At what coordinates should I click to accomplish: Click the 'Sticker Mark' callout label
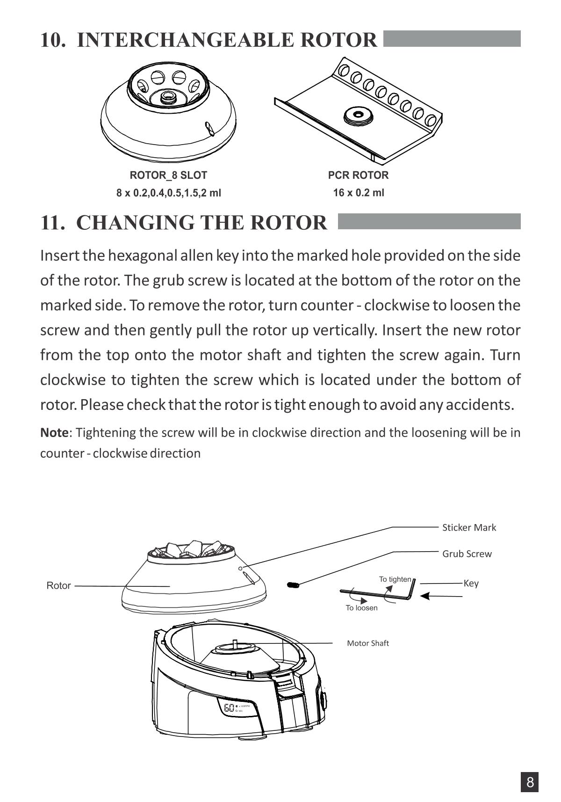(469, 527)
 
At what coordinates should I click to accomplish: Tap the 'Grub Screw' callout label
(467, 554)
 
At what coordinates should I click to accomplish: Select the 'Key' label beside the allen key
(471, 583)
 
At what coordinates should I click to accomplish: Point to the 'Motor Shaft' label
(367, 643)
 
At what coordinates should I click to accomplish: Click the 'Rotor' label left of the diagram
(58, 585)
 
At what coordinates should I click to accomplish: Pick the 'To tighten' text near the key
(395, 579)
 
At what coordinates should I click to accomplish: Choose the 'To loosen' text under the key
(361, 608)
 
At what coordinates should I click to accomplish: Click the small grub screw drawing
(293, 584)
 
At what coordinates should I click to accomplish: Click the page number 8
(530, 782)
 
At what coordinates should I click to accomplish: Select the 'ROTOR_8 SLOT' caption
(168, 175)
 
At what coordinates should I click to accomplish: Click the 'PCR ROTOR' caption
(358, 175)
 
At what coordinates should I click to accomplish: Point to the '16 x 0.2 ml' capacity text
(358, 192)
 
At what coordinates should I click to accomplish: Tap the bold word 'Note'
(54, 432)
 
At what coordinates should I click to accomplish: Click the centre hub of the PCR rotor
(358, 115)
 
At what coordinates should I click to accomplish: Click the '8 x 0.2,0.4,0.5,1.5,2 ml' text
(168, 192)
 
